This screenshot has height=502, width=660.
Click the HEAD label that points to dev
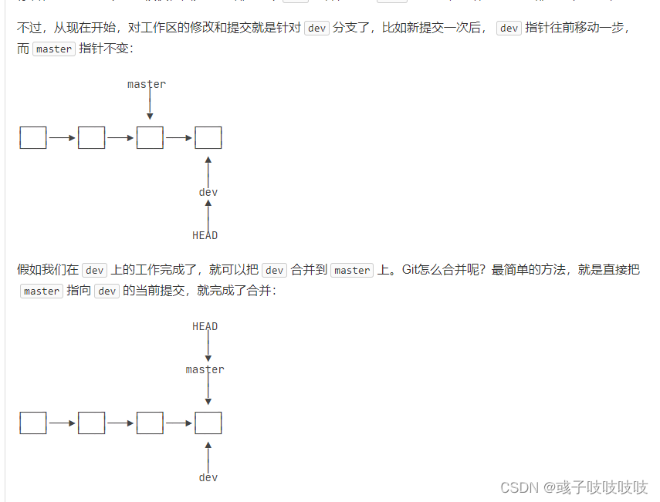pyautogui.click(x=205, y=235)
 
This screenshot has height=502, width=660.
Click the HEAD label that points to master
pyautogui.click(x=205, y=326)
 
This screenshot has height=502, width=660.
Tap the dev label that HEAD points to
pyautogui.click(x=208, y=192)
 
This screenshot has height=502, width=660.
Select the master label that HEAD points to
pyautogui.click(x=205, y=369)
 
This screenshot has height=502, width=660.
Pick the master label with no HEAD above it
pyautogui.click(x=147, y=84)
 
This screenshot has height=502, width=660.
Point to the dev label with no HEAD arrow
pyautogui.click(x=208, y=477)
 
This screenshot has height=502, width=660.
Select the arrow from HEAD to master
pyautogui.click(x=208, y=348)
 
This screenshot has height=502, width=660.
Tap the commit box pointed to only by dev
pyautogui.click(x=208, y=138)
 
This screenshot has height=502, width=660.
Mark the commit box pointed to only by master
pyautogui.click(x=150, y=138)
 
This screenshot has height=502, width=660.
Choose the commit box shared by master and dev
pyautogui.click(x=208, y=423)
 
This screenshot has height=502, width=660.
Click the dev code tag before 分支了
pyautogui.click(x=316, y=28)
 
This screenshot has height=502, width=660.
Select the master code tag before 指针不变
pyautogui.click(x=54, y=49)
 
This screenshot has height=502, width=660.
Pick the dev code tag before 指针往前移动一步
pyautogui.click(x=509, y=28)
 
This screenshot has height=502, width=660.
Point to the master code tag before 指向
pyautogui.click(x=42, y=291)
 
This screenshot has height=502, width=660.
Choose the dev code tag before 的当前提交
pyautogui.click(x=107, y=291)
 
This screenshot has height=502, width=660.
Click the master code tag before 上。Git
pyautogui.click(x=352, y=270)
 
